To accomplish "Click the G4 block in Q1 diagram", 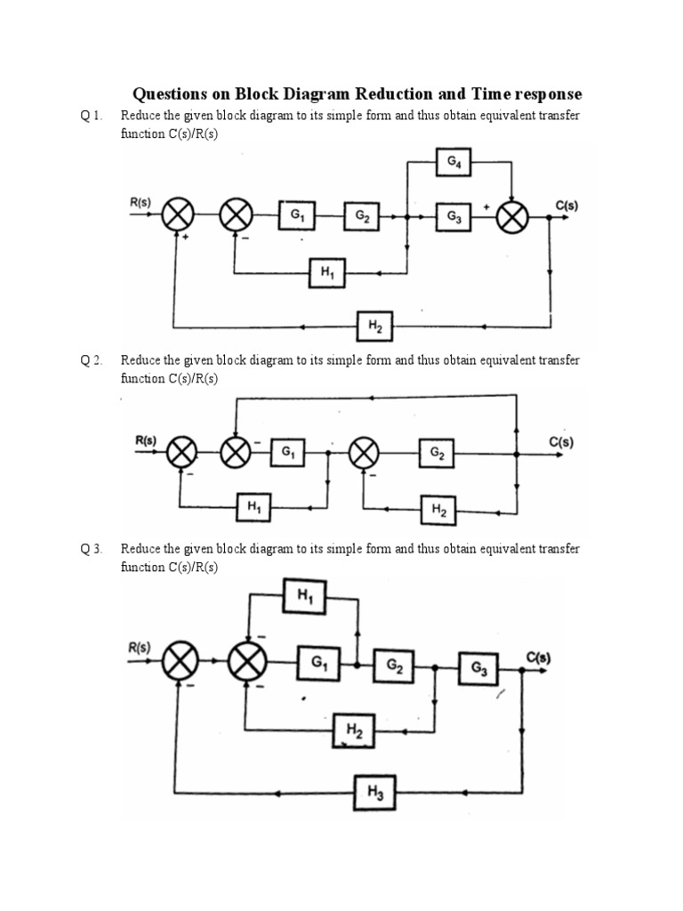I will [x=453, y=163].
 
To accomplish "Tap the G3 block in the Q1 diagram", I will [x=453, y=216].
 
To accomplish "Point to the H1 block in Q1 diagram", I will [x=326, y=273].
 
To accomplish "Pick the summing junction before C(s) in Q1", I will [x=511, y=216].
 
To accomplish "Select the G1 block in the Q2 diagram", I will [x=288, y=454].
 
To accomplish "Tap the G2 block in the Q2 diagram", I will [x=438, y=454].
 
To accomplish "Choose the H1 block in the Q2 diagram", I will [x=253, y=508].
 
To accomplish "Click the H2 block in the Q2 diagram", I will [x=438, y=510].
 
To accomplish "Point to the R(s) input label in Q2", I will [x=145, y=439].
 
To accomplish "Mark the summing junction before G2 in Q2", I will [x=362, y=454].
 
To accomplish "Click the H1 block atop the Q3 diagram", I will [x=306, y=596].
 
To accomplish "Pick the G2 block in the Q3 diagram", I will [x=393, y=665].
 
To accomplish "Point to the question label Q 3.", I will [x=92, y=549].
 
